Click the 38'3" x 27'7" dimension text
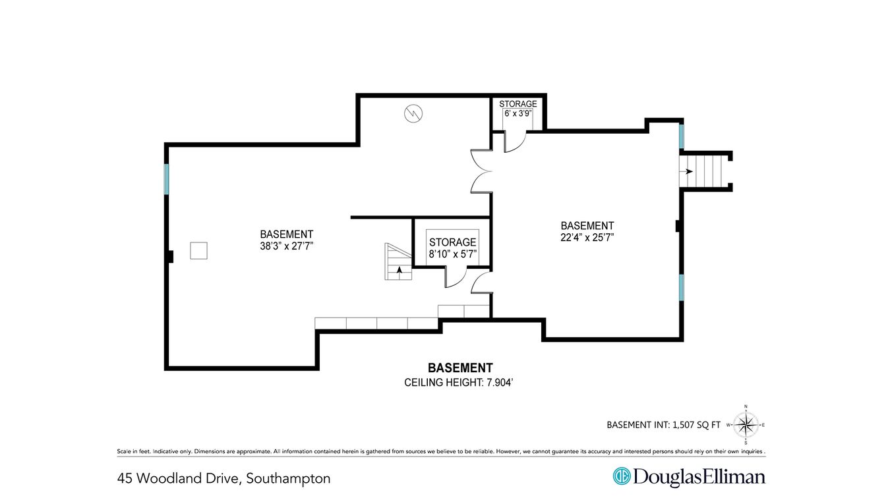click(x=286, y=246)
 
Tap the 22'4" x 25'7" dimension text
click(x=587, y=238)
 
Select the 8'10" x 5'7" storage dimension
click(x=452, y=254)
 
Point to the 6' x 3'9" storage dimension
click(x=517, y=113)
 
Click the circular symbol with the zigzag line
click(x=413, y=114)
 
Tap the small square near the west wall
click(x=198, y=250)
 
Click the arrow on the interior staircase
click(x=399, y=270)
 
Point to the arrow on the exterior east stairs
click(x=687, y=171)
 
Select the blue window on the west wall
click(x=167, y=179)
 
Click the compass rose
click(x=746, y=426)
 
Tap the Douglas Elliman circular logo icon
click(x=622, y=476)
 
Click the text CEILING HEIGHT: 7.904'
click(x=458, y=383)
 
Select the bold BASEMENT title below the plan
click(x=460, y=368)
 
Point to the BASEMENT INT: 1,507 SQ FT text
click(x=663, y=425)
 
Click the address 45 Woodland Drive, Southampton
click(x=223, y=479)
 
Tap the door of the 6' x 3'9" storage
click(x=515, y=142)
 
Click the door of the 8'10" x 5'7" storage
click(x=456, y=277)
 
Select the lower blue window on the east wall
click(x=682, y=287)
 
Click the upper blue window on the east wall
click(x=682, y=136)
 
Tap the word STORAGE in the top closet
click(x=517, y=104)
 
